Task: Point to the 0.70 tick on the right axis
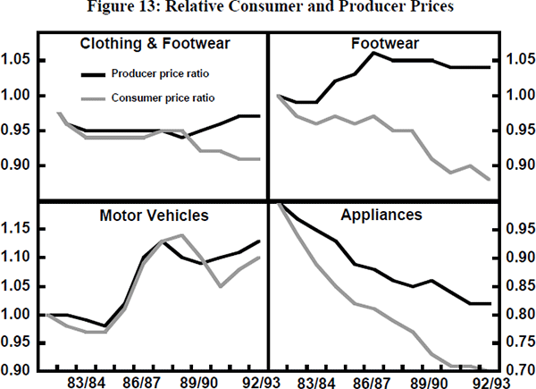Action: [518, 370]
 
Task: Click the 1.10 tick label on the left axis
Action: [18, 258]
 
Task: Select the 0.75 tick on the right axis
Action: [518, 342]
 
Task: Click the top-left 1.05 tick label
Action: [18, 60]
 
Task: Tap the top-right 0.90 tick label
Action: [518, 165]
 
